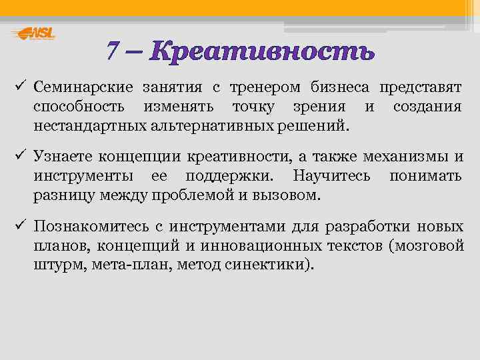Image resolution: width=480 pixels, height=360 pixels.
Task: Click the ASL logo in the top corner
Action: point(34,33)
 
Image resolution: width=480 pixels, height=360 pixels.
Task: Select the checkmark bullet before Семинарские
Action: point(19,87)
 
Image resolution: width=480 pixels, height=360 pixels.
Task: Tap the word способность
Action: point(76,107)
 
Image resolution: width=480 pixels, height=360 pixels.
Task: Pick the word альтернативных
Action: point(214,125)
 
